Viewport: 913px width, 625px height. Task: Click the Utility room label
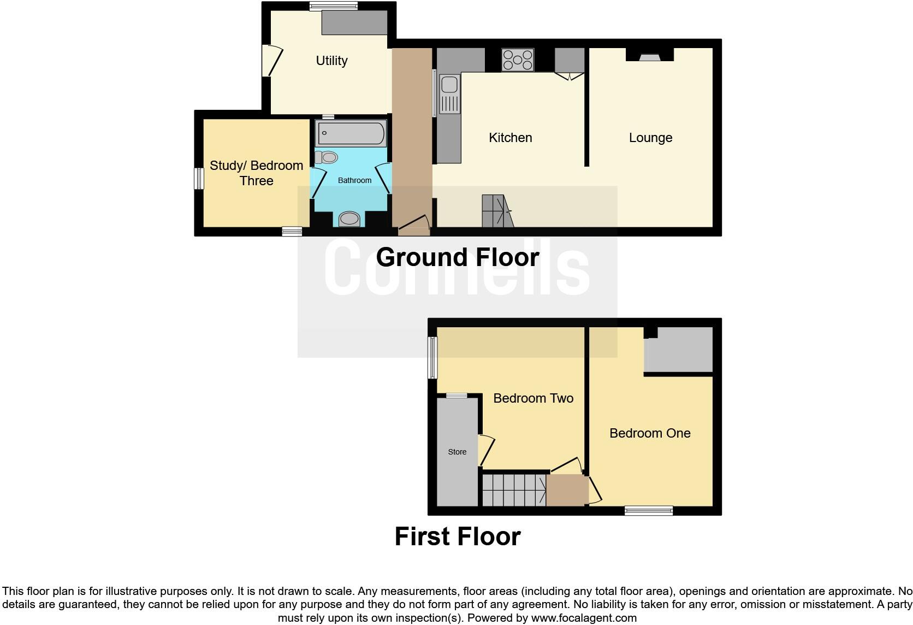331,61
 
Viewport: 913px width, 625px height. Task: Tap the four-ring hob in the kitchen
518,60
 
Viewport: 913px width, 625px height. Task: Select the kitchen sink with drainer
449,94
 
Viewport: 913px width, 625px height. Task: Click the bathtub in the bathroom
351,133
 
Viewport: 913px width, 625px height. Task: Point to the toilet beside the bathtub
327,157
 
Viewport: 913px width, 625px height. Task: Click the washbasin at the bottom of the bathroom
349,220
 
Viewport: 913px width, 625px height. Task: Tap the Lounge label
650,138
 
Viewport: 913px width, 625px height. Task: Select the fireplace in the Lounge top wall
650,55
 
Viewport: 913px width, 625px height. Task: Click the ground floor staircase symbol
496,211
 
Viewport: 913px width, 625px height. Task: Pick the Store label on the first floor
457,452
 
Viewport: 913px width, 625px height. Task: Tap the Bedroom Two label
533,398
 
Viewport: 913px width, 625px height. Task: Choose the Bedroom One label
650,433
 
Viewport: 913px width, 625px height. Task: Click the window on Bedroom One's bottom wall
649,510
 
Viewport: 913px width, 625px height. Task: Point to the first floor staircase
513,490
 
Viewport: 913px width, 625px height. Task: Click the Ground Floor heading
457,257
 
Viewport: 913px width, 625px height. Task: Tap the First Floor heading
457,536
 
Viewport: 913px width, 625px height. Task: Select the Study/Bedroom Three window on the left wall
199,179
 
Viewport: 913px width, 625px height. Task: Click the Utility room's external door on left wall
270,61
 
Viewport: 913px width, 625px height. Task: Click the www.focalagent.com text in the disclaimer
583,618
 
